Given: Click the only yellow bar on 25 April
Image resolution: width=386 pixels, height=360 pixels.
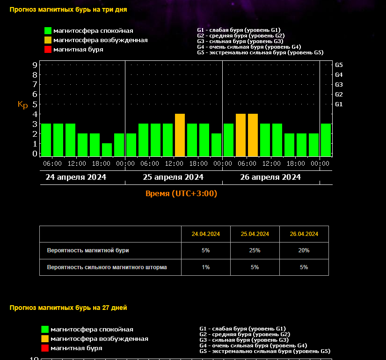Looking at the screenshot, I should pyautogui.click(x=180, y=135).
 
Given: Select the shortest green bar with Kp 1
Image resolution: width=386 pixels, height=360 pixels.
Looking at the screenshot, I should pyautogui.click(x=107, y=149).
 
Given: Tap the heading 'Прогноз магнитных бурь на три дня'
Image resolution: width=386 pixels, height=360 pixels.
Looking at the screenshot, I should pyautogui.click(x=68, y=9).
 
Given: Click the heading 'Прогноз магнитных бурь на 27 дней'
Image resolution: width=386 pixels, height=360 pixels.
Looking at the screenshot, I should pyautogui.click(x=68, y=308).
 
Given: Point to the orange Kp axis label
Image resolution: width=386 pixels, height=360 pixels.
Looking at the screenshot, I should pyautogui.click(x=23, y=104).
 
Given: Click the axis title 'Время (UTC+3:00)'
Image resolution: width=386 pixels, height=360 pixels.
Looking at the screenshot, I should pyautogui.click(x=182, y=193).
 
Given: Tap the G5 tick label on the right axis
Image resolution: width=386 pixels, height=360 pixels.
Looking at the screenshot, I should pyautogui.click(x=339, y=65).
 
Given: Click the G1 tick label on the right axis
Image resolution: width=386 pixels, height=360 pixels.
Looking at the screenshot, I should pyautogui.click(x=339, y=104).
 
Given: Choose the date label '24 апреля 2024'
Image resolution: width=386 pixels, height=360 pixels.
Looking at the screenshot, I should pyautogui.click(x=76, y=177).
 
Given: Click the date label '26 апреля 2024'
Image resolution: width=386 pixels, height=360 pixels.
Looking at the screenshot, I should pyautogui.click(x=270, y=177).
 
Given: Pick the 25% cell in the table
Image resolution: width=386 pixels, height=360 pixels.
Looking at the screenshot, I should pyautogui.click(x=255, y=250).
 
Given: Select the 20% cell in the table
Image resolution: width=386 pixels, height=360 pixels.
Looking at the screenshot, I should pyautogui.click(x=304, y=250).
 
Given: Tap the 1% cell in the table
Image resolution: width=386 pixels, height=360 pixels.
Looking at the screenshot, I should pyautogui.click(x=206, y=267).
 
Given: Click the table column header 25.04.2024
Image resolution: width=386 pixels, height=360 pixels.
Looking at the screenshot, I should pyautogui.click(x=255, y=234).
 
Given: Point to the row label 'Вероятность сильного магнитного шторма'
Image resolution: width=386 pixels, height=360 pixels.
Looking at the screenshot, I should pyautogui.click(x=107, y=267).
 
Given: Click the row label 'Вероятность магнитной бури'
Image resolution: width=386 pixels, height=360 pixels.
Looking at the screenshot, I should pyautogui.click(x=88, y=250).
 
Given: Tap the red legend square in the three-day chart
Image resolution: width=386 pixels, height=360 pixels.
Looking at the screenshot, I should pyautogui.click(x=48, y=50).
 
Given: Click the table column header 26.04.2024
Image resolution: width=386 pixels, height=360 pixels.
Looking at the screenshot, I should pyautogui.click(x=304, y=234).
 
